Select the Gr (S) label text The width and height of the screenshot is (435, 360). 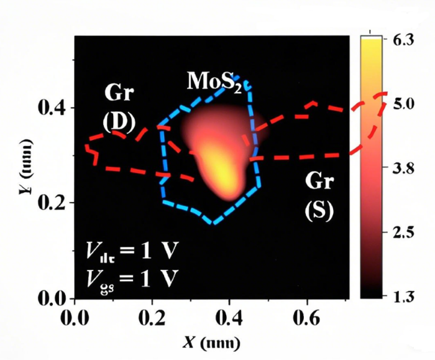(x=319, y=196)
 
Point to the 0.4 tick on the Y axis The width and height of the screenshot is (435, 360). (x=55, y=108)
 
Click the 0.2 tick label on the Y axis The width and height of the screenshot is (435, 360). (x=55, y=203)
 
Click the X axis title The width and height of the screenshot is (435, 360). (x=212, y=343)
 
